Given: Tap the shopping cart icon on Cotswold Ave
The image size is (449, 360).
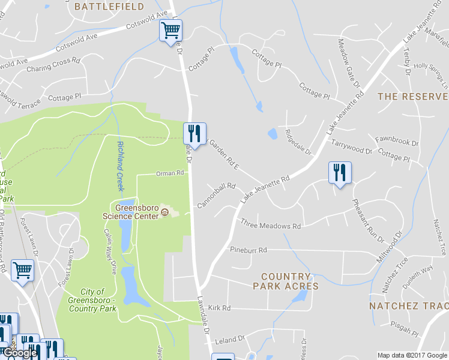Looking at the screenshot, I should click(x=170, y=30).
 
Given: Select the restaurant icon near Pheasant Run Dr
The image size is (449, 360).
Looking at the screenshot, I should click(x=340, y=173).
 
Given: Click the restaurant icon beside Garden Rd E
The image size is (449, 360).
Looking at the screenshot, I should click(x=194, y=133).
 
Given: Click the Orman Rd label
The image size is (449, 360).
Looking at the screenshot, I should click(x=169, y=173).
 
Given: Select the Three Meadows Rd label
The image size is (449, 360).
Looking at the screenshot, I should click(x=270, y=226).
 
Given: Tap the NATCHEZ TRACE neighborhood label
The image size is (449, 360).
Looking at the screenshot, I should click(x=409, y=305).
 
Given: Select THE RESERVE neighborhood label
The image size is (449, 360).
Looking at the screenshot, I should click(x=412, y=96).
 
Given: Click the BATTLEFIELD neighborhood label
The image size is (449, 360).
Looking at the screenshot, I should click(x=109, y=7).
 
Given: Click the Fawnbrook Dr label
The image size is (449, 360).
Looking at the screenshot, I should click(x=397, y=142).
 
